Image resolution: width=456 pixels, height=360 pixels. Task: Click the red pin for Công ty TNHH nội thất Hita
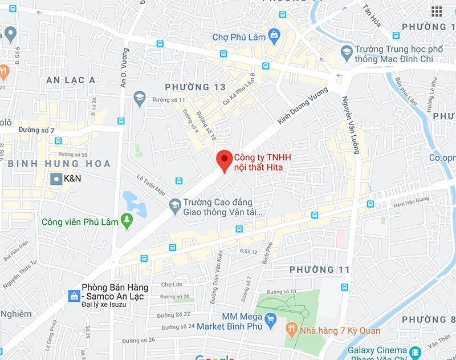coord(225,160)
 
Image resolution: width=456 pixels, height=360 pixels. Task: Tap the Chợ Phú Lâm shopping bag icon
coord(275,37)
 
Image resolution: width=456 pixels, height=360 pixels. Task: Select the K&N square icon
coord(56,179)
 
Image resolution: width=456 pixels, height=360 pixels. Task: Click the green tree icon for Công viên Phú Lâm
coord(127,221)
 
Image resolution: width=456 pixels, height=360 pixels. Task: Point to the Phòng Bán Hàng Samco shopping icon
coord(74,296)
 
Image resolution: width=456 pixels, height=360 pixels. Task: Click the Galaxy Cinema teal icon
coord(416,352)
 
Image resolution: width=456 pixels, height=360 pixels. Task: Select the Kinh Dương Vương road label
coord(303,106)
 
